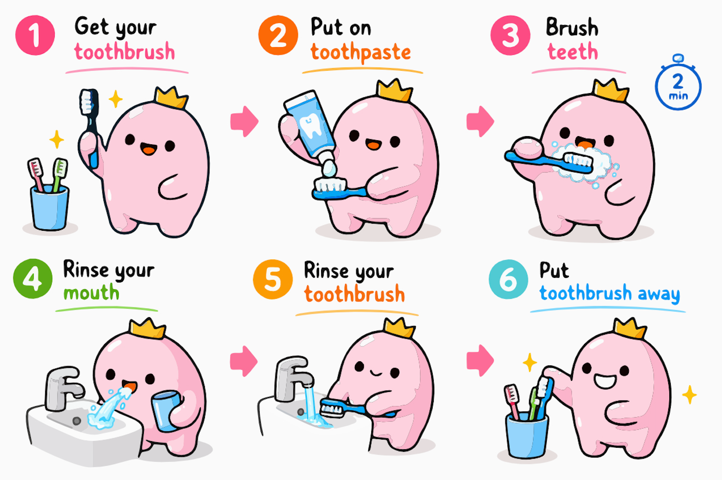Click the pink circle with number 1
(x=35, y=35)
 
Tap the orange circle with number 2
(x=278, y=35)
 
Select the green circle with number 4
(x=33, y=279)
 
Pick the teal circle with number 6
(x=508, y=279)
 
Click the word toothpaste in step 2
(x=360, y=53)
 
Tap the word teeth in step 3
(x=573, y=52)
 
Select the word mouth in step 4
(x=91, y=293)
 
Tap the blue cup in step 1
(x=50, y=208)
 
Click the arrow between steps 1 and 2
(x=244, y=121)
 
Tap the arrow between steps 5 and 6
(x=480, y=360)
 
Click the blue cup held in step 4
(x=166, y=411)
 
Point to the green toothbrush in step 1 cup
(x=59, y=174)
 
